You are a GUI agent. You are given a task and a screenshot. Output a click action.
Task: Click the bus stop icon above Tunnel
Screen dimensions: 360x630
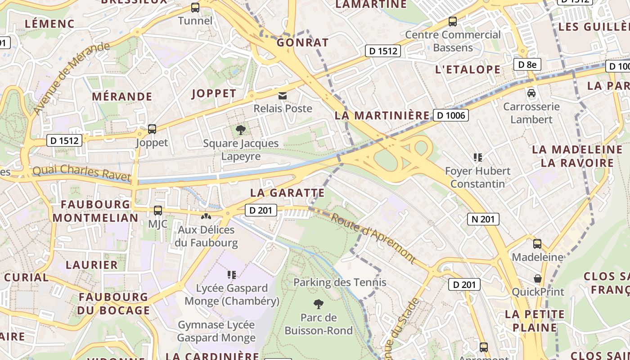tap(195, 8)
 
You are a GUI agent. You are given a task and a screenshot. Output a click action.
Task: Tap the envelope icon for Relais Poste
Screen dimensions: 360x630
tap(283, 95)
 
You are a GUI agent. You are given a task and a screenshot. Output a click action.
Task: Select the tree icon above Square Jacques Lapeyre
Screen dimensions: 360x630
tap(241, 130)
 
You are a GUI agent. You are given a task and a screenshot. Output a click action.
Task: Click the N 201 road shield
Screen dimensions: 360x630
tap(483, 219)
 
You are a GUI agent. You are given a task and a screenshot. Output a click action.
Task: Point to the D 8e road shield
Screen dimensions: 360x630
tap(527, 64)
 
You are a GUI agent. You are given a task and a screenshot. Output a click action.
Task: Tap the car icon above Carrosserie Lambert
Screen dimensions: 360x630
tap(531, 93)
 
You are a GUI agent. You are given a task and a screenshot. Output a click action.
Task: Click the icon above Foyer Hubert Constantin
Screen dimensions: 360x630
tap(477, 157)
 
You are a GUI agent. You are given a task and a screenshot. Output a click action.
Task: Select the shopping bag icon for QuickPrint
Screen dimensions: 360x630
tap(537, 279)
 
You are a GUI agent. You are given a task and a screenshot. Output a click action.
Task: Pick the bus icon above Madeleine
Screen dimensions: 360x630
tap(537, 244)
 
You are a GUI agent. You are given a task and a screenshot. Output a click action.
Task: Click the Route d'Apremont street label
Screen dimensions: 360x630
tap(373, 237)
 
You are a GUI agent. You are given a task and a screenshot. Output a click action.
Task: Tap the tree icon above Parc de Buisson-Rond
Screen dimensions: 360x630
tap(319, 304)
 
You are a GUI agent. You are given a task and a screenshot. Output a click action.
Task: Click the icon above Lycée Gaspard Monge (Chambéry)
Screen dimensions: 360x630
tap(232, 274)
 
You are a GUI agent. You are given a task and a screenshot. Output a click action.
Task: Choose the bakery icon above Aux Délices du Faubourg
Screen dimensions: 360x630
tap(206, 216)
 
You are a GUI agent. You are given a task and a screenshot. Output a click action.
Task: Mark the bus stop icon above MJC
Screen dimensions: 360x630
tap(157, 210)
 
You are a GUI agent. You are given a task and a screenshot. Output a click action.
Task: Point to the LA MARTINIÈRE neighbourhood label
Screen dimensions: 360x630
tap(382, 116)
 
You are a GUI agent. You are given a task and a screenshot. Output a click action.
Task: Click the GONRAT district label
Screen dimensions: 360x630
tap(302, 43)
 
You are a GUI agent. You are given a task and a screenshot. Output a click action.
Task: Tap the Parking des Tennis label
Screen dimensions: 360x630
tap(340, 283)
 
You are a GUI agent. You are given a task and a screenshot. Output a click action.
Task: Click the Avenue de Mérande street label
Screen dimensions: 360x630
tap(71, 78)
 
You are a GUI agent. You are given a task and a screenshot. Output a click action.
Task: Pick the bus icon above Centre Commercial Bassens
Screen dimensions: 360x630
tap(453, 21)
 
